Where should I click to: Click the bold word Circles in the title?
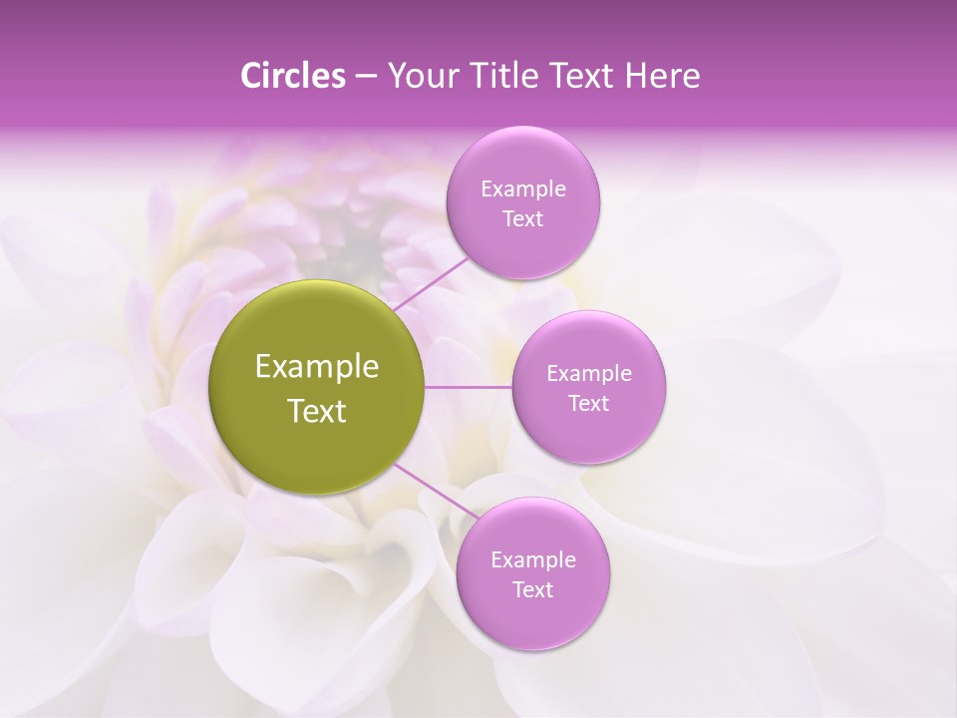point(293,76)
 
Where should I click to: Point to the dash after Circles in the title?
point(366,77)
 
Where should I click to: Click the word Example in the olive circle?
point(317,367)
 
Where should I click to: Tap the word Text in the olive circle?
point(317,411)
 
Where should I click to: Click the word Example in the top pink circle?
point(523,189)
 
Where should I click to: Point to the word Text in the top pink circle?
point(523,219)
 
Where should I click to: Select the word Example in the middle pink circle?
point(589,374)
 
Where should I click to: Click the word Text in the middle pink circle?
point(589,404)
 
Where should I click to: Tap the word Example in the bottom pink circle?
point(532,559)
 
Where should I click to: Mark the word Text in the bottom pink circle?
point(532,589)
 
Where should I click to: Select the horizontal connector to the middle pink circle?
point(469,387)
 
